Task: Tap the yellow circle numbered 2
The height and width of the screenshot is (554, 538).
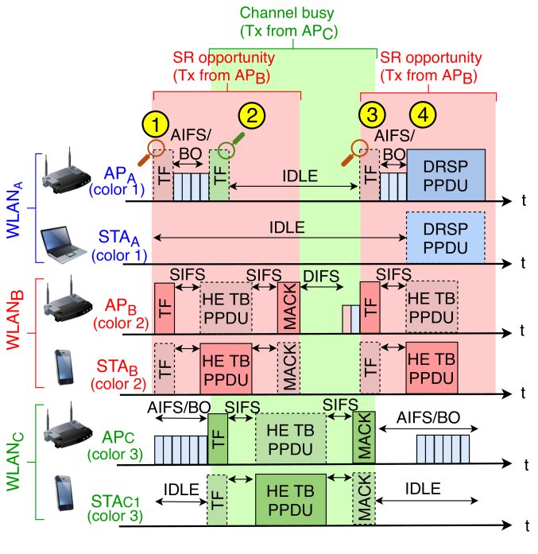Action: click(252, 114)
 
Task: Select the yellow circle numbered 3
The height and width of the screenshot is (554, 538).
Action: click(370, 114)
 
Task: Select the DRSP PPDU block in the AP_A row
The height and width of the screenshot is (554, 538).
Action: click(446, 174)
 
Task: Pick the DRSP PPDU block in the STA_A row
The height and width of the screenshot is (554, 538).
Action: click(446, 236)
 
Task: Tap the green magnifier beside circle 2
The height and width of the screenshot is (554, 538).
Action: click(231, 145)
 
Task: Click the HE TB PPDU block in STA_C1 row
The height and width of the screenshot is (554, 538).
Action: click(291, 498)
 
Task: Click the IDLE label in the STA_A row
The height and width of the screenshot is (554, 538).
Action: click(287, 227)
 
